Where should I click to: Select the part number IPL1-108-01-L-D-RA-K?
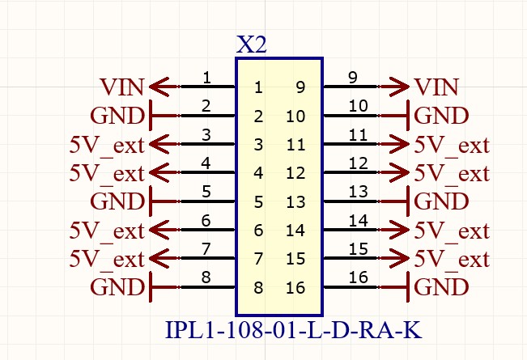click(x=294, y=331)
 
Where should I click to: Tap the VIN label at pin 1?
click(x=122, y=87)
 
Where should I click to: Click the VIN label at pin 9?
click(x=436, y=87)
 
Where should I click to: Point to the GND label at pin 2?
click(x=117, y=116)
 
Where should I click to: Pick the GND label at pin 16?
click(x=441, y=287)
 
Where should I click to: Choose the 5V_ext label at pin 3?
click(x=107, y=146)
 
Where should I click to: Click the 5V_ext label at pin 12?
click(x=452, y=173)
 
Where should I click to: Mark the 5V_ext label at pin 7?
click(x=107, y=259)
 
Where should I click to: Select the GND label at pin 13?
click(x=441, y=201)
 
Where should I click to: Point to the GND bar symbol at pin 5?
click(x=151, y=201)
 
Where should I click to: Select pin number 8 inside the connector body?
click(x=258, y=287)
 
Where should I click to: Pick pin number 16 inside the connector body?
click(x=295, y=287)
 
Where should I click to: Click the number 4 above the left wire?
click(x=206, y=163)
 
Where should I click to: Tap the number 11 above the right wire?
click(x=357, y=134)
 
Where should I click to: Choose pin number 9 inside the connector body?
click(x=300, y=87)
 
